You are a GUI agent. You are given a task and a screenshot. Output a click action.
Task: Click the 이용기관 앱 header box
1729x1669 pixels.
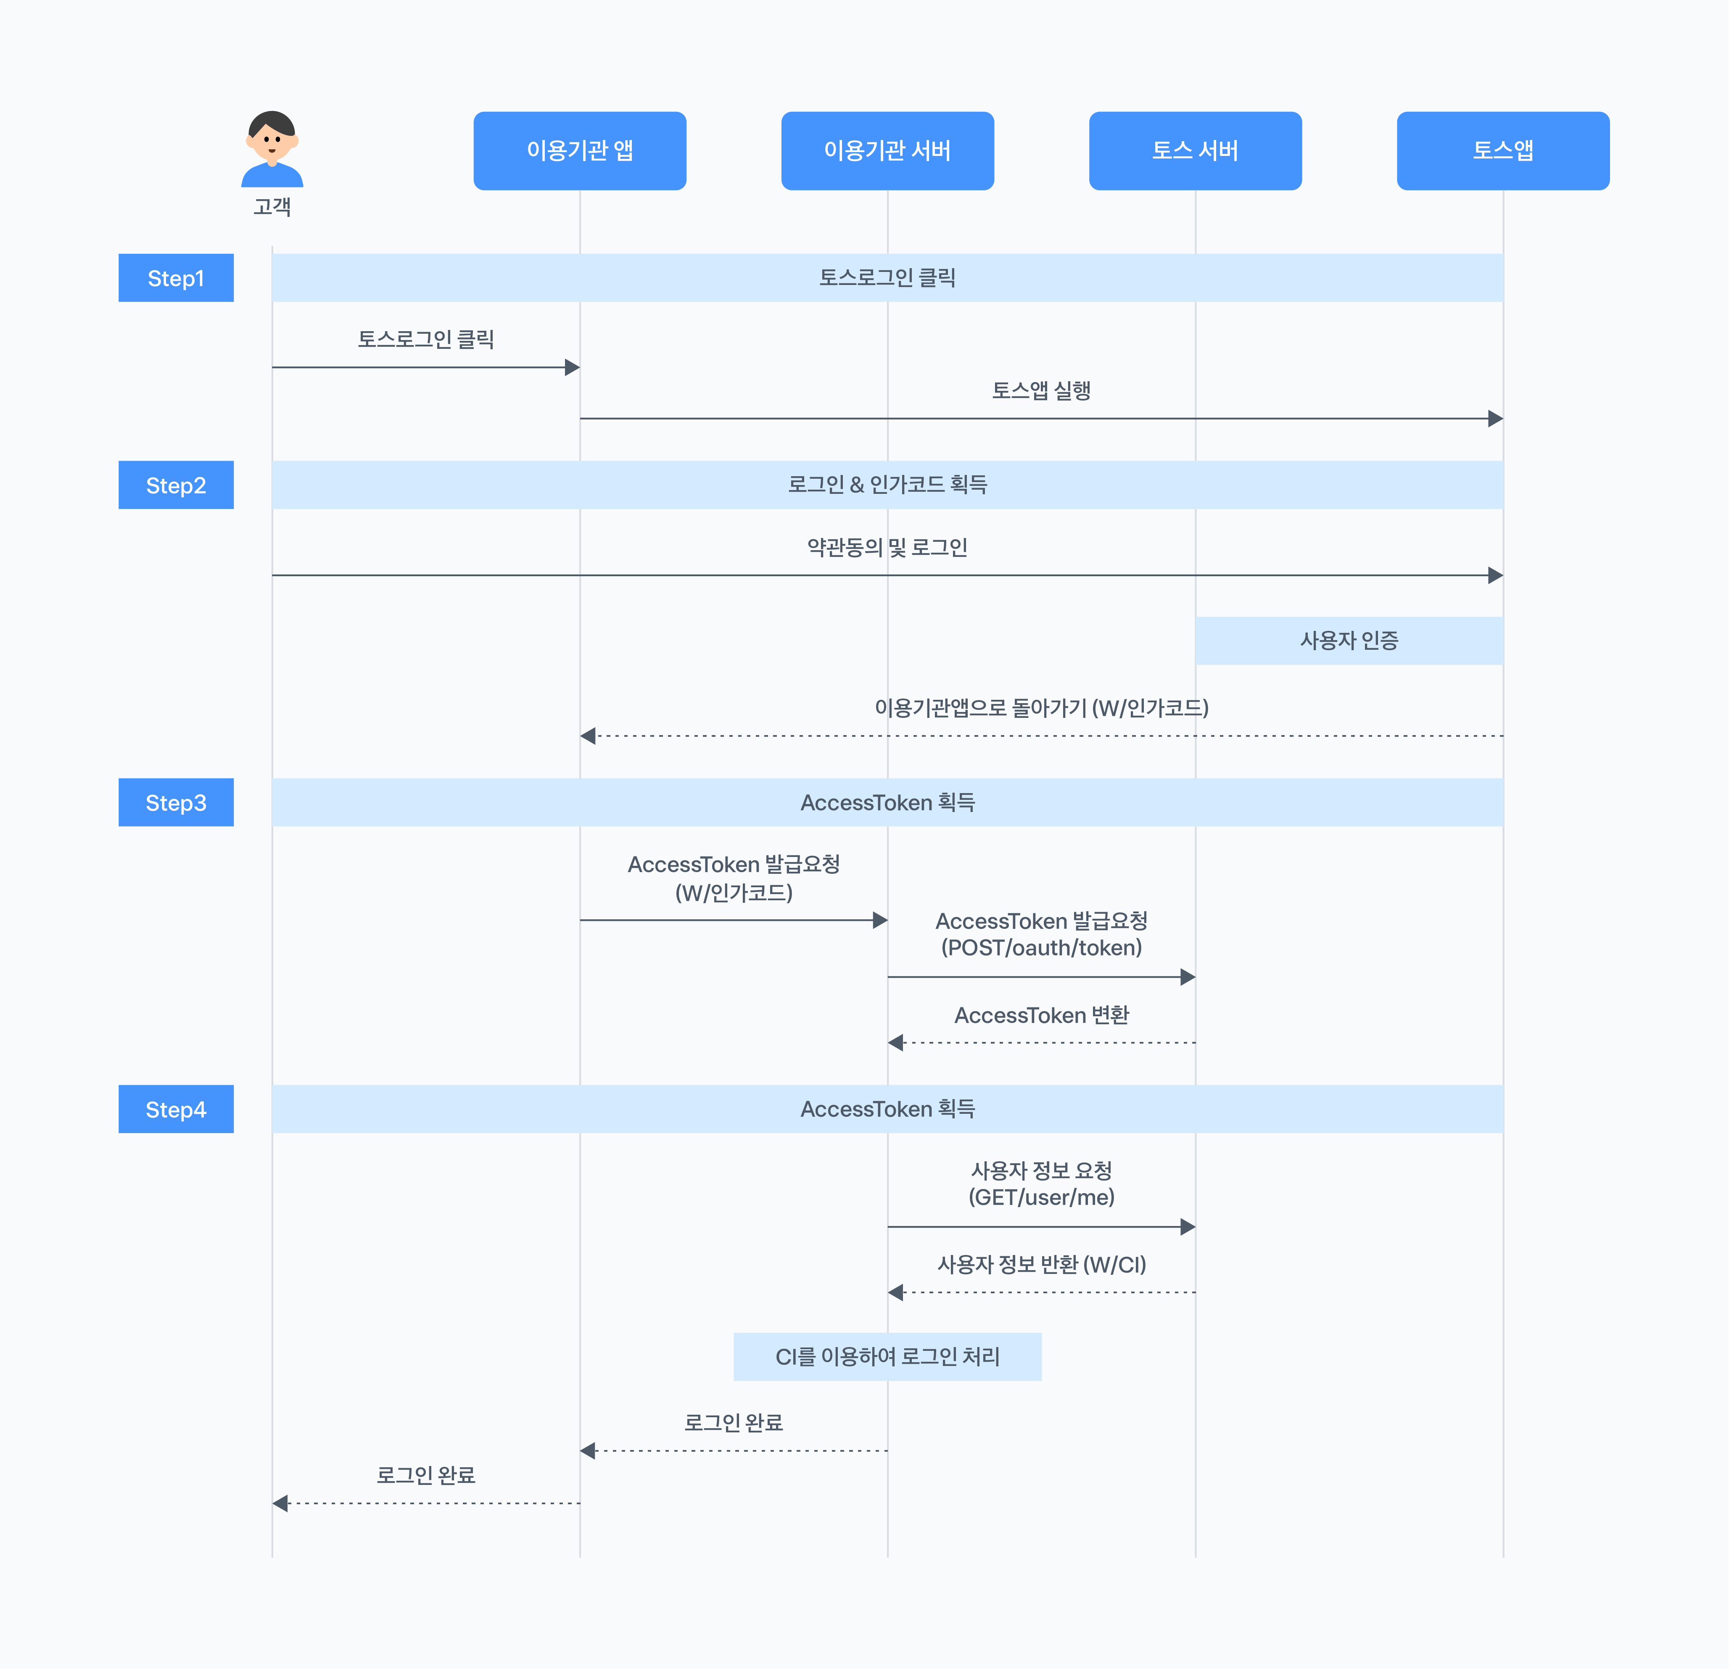pyautogui.click(x=580, y=151)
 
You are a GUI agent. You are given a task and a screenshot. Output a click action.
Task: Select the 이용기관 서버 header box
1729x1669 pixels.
pyautogui.click(x=887, y=151)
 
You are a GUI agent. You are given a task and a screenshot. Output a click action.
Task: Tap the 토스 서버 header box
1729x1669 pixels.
pyautogui.click(x=1195, y=151)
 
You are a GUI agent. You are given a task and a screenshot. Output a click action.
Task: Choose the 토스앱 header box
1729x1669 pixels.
pyautogui.click(x=1503, y=151)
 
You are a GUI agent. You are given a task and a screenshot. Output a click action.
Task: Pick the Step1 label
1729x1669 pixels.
pyautogui.click(x=177, y=278)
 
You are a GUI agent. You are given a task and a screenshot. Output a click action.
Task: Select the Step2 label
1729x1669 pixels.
pyautogui.click(x=177, y=485)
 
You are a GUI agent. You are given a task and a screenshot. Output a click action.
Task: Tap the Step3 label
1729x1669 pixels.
pyautogui.click(x=177, y=803)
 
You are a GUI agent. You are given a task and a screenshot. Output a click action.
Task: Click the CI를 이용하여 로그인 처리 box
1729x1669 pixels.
pyautogui.click(x=887, y=1357)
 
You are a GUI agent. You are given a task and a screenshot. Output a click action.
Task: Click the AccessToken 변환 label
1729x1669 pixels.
pyautogui.click(x=1042, y=1015)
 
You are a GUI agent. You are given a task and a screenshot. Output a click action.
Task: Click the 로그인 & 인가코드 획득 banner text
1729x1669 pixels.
pyautogui.click(x=887, y=484)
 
